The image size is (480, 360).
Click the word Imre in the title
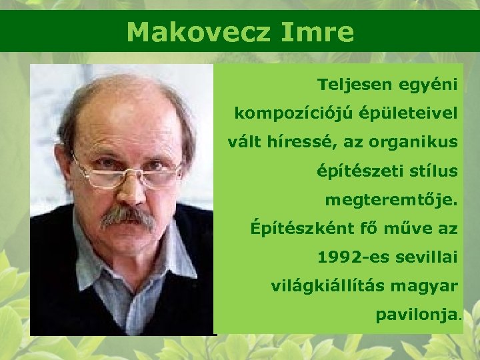(x=319, y=31)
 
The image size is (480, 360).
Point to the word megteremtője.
(x=391, y=200)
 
